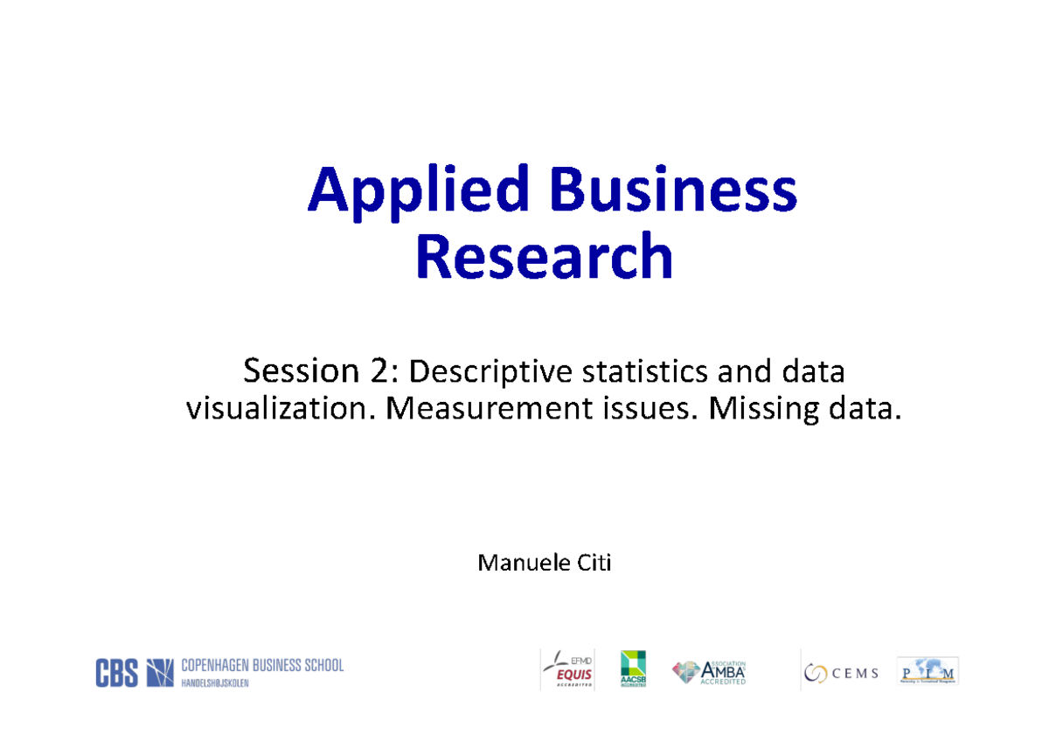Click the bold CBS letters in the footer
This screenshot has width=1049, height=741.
pyautogui.click(x=116, y=673)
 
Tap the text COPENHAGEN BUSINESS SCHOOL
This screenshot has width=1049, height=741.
pyautogui.click(x=262, y=666)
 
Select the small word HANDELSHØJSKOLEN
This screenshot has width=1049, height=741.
pyautogui.click(x=215, y=683)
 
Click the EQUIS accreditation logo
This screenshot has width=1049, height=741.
pyautogui.click(x=568, y=670)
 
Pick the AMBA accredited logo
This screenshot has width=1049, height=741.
pyautogui.click(x=709, y=671)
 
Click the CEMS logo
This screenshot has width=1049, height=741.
pyautogui.click(x=841, y=673)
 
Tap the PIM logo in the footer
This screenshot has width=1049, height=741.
pyautogui.click(x=927, y=671)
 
